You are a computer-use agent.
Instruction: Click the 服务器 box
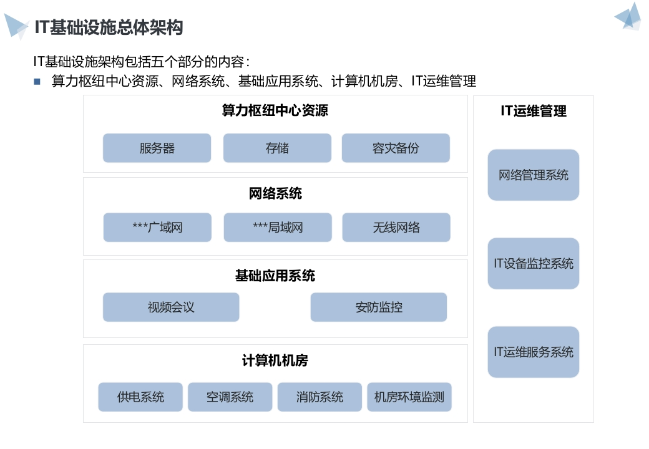(x=157, y=148)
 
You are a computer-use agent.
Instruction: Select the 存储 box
(x=277, y=148)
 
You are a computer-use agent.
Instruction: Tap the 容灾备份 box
(x=396, y=148)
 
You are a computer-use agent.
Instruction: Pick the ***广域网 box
(x=157, y=228)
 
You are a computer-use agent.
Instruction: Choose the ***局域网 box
(x=278, y=228)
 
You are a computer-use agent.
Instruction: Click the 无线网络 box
(x=396, y=228)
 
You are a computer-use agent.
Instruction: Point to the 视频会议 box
(x=171, y=307)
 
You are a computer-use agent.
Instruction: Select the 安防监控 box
(x=379, y=307)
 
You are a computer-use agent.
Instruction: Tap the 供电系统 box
(x=140, y=397)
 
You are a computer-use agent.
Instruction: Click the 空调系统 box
(x=230, y=397)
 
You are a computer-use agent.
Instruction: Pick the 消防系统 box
(x=320, y=397)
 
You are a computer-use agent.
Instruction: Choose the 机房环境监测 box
(x=409, y=397)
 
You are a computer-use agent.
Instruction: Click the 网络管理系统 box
(x=534, y=175)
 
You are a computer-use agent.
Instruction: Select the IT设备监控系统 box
(x=534, y=263)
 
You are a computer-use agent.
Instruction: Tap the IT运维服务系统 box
(x=534, y=352)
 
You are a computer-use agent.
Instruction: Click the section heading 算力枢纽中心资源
(x=275, y=111)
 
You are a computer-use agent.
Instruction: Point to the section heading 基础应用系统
(x=275, y=276)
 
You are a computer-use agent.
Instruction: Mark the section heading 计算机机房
(x=275, y=360)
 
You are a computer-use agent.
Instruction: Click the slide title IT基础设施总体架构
(x=109, y=27)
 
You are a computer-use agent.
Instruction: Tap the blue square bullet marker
(x=37, y=82)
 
